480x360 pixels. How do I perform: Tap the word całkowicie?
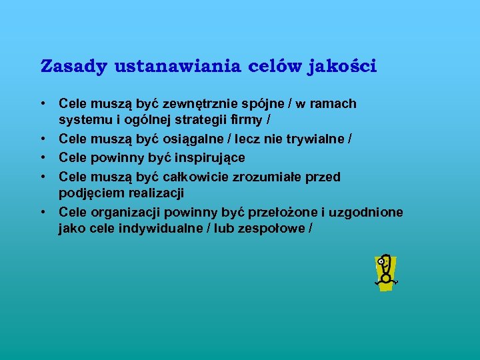(195, 176)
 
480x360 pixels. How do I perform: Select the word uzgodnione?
(365, 212)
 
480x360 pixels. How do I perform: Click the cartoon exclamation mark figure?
(384, 272)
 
